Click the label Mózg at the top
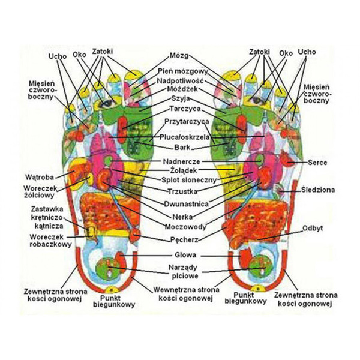[x=180, y=55]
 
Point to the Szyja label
[x=180, y=98]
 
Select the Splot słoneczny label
[x=183, y=179]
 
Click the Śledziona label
[x=317, y=190]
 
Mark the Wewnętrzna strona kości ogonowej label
[x=185, y=292]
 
